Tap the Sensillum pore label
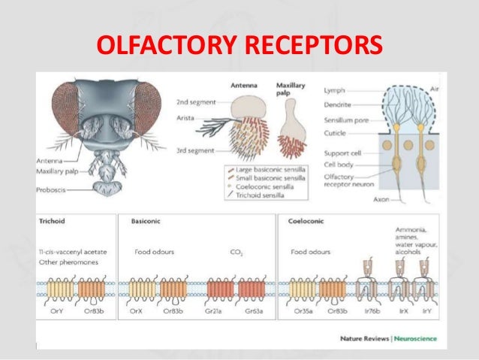tap(344, 120)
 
